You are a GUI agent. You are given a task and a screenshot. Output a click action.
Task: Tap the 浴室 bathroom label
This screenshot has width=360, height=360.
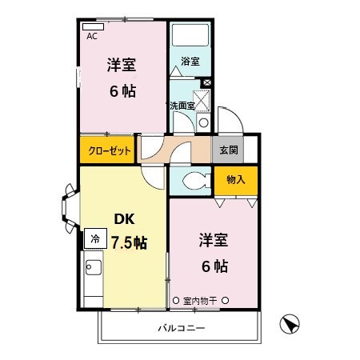pos(190,62)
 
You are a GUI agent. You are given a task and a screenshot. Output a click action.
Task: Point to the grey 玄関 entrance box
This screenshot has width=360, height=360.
pos(225,150)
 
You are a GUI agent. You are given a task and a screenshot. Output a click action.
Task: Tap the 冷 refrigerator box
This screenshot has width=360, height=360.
pos(95,238)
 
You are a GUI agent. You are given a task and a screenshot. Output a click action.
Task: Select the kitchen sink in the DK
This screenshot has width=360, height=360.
pos(91,269)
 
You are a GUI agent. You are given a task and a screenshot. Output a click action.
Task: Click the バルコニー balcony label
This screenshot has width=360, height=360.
pos(181,328)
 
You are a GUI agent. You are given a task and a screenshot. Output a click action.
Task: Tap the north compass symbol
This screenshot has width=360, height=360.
pos(290,325)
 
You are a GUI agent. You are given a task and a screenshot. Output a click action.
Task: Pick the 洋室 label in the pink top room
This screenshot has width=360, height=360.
pos(122,66)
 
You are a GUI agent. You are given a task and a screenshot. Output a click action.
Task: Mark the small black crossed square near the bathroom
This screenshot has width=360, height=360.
pos(206,82)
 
